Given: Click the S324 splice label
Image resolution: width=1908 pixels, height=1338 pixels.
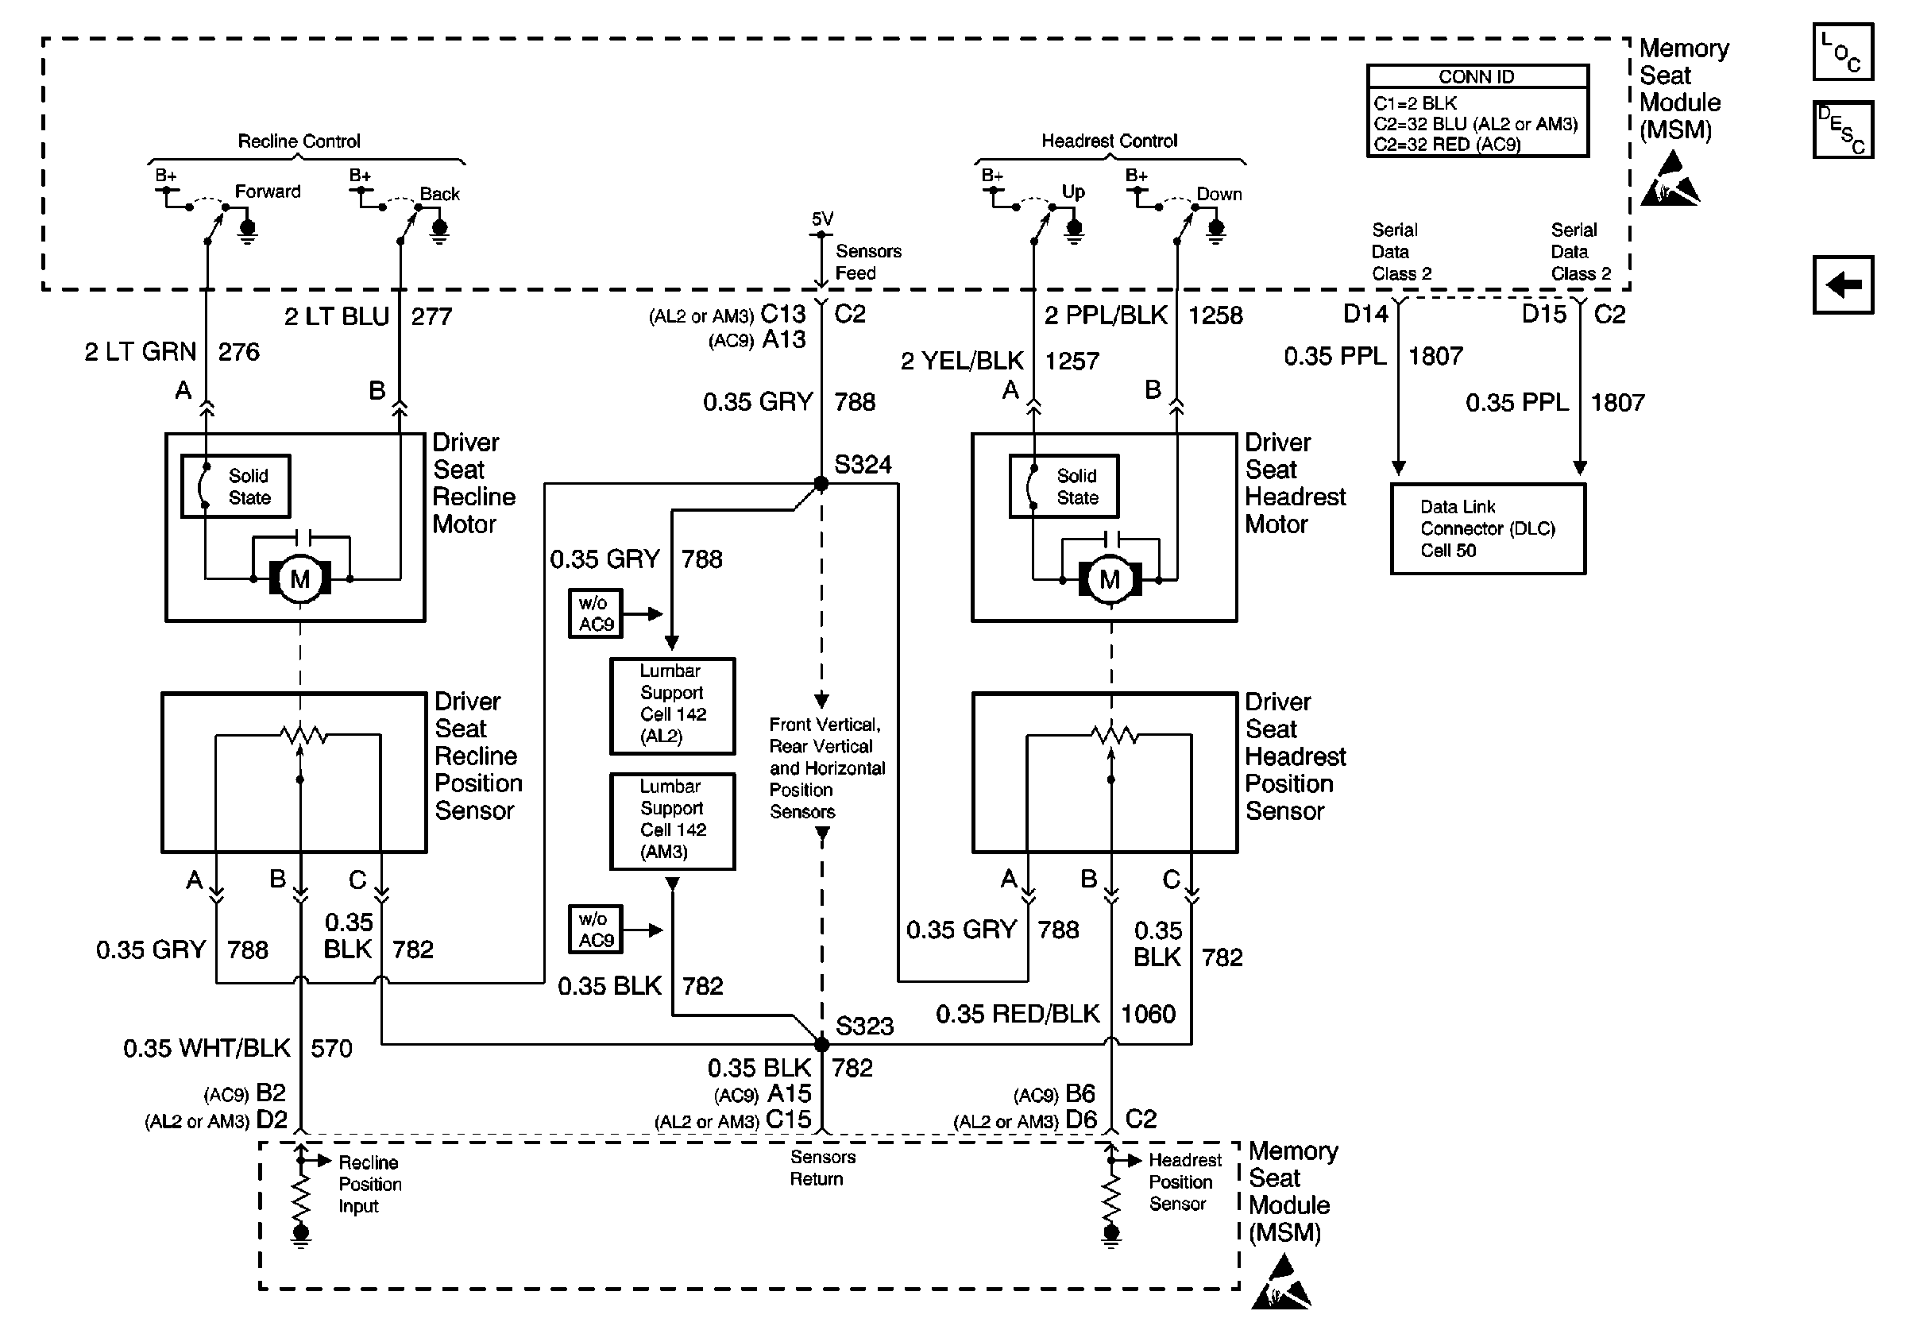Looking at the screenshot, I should pyautogui.click(x=863, y=465).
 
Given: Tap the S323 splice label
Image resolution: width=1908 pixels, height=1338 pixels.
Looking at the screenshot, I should pyautogui.click(x=864, y=1026).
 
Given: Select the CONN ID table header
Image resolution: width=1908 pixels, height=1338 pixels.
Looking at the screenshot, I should pyautogui.click(x=1477, y=77).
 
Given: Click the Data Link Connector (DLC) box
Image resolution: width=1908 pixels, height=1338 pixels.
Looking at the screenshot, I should pyautogui.click(x=1488, y=528).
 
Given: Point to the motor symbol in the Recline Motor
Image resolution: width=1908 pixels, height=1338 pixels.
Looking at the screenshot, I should pyautogui.click(x=300, y=578).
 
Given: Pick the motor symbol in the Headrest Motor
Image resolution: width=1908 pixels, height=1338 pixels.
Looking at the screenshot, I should pyautogui.click(x=1110, y=578).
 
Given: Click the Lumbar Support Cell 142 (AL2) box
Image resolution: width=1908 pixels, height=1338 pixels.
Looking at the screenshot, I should pyautogui.click(x=672, y=706).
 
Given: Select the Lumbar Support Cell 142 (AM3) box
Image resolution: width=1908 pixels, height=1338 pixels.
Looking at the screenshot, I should pyautogui.click(x=672, y=821).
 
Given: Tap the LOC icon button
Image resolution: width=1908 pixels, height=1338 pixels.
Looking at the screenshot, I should pyautogui.click(x=1842, y=52).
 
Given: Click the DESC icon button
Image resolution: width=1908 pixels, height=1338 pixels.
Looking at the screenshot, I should pyautogui.click(x=1842, y=130).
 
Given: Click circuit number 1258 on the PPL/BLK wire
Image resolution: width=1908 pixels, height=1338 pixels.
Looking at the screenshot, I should pyautogui.click(x=1215, y=315).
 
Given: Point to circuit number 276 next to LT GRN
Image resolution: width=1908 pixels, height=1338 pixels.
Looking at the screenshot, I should pyautogui.click(x=238, y=352).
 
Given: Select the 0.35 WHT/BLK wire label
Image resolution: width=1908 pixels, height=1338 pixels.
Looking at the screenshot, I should pyautogui.click(x=206, y=1048).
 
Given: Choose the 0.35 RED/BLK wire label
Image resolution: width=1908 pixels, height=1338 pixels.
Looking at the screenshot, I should pyautogui.click(x=1018, y=1014).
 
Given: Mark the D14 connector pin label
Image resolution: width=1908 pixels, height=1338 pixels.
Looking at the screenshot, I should pyautogui.click(x=1365, y=314).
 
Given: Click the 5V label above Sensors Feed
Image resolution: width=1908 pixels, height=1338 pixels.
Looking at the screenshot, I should pyautogui.click(x=822, y=218).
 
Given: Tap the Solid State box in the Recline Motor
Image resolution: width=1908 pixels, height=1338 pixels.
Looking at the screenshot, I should pyautogui.click(x=236, y=486).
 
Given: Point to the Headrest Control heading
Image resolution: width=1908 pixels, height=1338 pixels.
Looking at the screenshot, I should pyautogui.click(x=1110, y=141).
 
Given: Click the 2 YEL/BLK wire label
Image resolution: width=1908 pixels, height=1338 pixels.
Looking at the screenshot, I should pyautogui.click(x=961, y=361).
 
